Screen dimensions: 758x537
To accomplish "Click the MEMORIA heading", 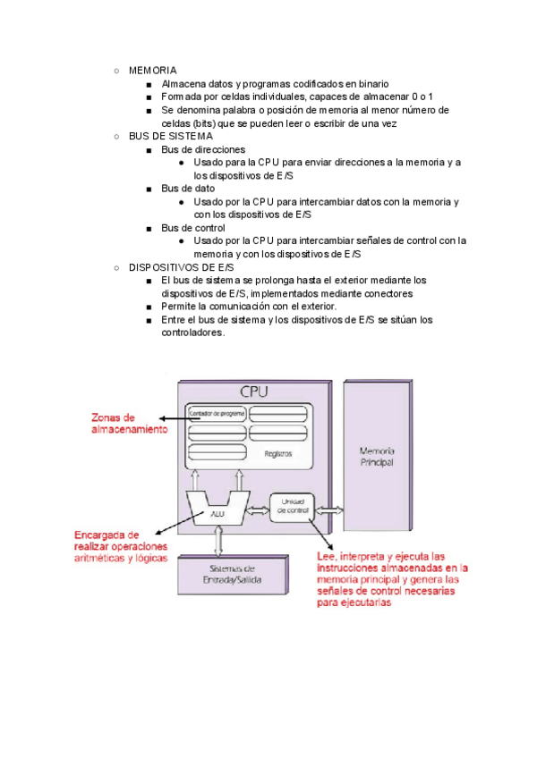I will (152, 70).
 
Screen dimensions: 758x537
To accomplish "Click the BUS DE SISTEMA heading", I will (170, 136).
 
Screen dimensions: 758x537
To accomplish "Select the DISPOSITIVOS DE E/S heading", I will (181, 267).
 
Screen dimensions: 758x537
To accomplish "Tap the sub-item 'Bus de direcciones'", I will (202, 149).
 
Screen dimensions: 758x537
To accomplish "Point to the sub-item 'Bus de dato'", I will (187, 189).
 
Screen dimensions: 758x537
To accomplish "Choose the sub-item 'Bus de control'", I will (192, 228).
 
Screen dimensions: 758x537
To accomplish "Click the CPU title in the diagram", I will (255, 392).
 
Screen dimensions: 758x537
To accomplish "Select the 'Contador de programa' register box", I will (215, 413).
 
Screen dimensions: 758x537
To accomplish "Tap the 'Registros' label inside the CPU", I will (278, 453).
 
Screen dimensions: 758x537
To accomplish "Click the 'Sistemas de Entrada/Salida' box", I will (233, 574).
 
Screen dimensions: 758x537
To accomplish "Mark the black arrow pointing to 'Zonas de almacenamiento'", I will (173, 418).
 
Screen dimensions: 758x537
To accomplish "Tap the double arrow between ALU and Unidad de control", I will (259, 511).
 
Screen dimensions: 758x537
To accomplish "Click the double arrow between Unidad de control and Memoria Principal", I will (328, 510).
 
